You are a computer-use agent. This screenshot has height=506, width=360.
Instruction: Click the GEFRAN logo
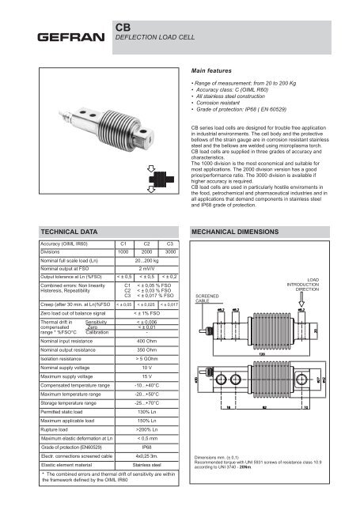coord(59,37)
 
